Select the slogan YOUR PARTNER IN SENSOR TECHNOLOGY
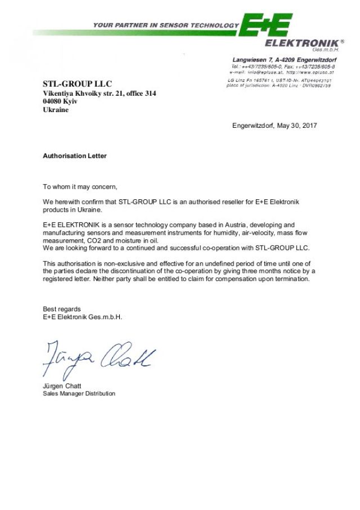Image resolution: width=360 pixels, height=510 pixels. (x=165, y=25)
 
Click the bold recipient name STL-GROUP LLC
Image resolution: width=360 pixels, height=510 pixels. (x=78, y=84)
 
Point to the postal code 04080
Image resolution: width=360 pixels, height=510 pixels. (x=53, y=102)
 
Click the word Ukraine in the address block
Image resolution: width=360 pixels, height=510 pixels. (x=56, y=110)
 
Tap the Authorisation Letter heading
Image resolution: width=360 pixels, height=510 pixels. (x=75, y=156)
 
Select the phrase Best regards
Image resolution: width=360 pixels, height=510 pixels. (x=62, y=309)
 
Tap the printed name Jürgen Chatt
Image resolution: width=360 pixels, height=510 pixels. (x=62, y=386)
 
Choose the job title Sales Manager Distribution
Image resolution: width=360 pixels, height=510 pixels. (x=79, y=393)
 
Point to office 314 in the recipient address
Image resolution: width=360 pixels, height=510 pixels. (x=138, y=93)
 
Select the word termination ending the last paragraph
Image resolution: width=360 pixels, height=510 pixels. (x=290, y=279)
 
